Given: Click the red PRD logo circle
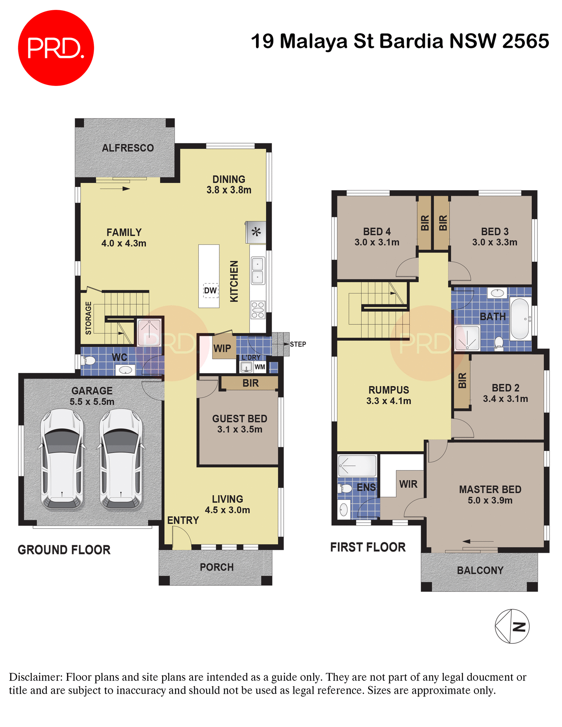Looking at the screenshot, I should (x=56, y=48).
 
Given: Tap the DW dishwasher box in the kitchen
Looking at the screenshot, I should (x=211, y=290).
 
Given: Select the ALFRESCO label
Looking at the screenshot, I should (x=128, y=148).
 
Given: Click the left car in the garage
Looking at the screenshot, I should (x=62, y=459).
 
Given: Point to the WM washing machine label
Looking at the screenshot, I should (x=260, y=367).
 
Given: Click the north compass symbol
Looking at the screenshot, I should (x=512, y=626).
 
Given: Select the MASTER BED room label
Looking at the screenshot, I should (x=490, y=490).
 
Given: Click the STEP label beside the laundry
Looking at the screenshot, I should (x=298, y=344).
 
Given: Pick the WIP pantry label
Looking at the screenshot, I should (x=222, y=348).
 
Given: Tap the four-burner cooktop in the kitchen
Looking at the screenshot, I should (x=258, y=310).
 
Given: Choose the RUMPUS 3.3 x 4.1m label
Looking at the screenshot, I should (x=389, y=395).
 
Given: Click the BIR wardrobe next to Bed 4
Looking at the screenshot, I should (x=425, y=223).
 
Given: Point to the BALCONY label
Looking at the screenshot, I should (x=480, y=570).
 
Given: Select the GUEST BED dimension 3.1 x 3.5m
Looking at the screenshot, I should (x=240, y=429).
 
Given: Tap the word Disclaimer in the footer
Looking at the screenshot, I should (x=35, y=677).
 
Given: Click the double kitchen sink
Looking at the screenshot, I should (x=258, y=270).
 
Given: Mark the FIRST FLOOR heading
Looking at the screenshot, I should (x=368, y=547).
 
